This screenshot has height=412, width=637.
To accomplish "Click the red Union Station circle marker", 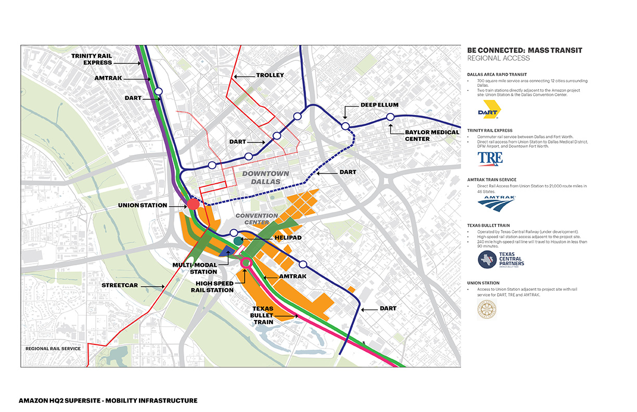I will tap(193, 204).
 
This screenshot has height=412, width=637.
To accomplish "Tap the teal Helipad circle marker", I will tap(238, 240).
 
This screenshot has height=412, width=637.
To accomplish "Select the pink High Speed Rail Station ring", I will tap(247, 263).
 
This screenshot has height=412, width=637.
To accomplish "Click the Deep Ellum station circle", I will tap(345, 126).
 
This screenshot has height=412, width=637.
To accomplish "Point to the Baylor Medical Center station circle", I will tap(390, 119).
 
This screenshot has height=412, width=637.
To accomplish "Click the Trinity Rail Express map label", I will tap(92, 59).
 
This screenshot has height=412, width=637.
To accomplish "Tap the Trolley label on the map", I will tap(270, 75).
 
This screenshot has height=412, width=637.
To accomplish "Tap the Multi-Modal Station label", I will tap(196, 268).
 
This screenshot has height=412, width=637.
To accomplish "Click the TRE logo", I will tap(490, 158).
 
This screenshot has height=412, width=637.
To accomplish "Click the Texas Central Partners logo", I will tap(501, 259).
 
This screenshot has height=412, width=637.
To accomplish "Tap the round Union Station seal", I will tap(487, 308).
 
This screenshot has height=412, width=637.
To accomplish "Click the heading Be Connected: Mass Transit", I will tap(524, 50).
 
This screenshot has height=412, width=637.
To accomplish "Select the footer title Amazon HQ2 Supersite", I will tap(108, 401).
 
